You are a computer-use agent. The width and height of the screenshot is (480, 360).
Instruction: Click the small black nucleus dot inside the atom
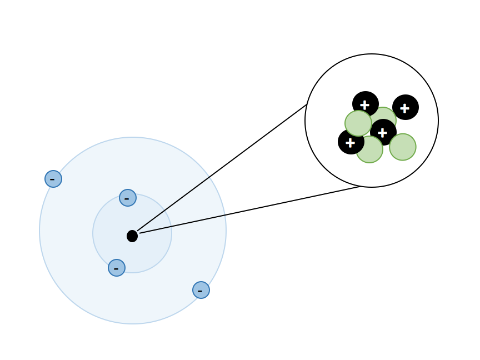132,236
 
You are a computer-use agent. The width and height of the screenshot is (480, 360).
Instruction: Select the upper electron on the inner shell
128,198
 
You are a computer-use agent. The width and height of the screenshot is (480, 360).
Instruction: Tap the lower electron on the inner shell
117,268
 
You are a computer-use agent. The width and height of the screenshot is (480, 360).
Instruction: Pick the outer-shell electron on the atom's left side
53,179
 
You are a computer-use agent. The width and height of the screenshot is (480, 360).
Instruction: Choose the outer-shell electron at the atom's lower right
201,290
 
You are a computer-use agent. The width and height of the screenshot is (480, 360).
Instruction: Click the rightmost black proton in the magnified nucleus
406,107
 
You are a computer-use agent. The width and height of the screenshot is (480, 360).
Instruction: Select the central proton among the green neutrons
383,132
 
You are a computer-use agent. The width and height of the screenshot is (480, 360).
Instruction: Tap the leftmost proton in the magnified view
350,142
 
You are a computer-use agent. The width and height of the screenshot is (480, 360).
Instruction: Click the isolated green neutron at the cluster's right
403,147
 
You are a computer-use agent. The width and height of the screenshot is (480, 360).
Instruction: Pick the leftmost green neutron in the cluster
358,123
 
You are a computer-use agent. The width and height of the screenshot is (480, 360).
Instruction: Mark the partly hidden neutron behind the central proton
389,114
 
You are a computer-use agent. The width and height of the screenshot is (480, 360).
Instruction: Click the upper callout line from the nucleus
222,167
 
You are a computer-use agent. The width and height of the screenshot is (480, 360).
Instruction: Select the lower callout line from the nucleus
250,210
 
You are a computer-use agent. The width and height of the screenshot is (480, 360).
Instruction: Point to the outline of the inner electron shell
172,233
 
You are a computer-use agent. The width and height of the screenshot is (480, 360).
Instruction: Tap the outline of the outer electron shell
226,231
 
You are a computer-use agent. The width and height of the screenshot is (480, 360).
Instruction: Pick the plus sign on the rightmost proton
405,108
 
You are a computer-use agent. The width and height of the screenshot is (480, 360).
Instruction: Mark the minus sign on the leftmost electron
52,179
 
